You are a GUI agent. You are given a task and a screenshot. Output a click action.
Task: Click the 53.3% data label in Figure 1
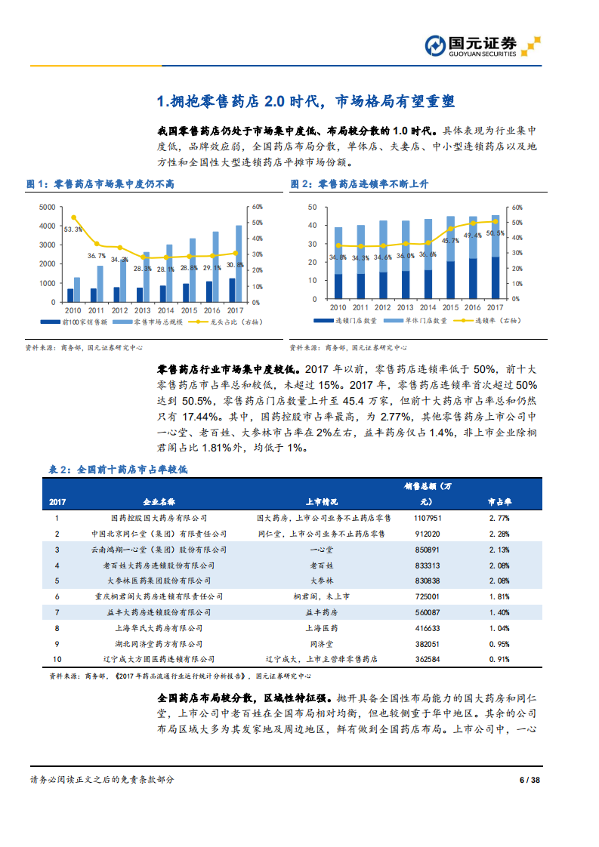(73, 229)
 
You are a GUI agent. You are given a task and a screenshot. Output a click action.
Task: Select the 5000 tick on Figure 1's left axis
(46, 207)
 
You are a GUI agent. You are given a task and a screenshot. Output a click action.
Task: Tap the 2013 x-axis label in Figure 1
(143, 310)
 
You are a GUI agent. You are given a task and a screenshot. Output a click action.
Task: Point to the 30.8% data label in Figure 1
(236, 265)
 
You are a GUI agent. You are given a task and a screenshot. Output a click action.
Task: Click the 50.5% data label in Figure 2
(496, 233)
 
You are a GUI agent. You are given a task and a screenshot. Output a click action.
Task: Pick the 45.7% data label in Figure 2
(450, 240)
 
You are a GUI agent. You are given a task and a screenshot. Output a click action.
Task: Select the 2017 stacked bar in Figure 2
(496, 257)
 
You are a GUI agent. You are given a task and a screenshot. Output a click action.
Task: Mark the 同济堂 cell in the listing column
(321, 644)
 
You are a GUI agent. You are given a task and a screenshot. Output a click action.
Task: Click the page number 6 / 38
(530, 780)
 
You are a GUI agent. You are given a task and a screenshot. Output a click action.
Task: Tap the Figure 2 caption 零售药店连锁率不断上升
(370, 183)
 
